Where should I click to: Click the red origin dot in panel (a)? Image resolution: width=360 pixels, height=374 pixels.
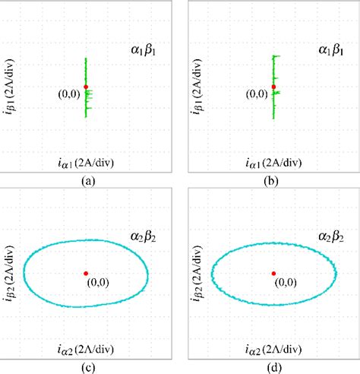click(86, 87)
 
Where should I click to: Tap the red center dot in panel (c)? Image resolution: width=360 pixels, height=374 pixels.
click(86, 272)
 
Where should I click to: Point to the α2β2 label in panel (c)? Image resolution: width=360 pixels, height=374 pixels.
click(144, 237)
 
